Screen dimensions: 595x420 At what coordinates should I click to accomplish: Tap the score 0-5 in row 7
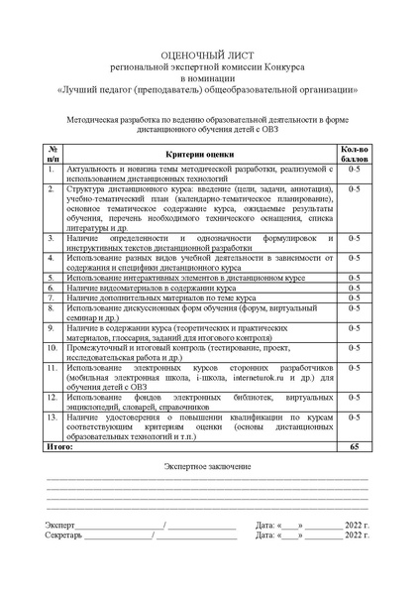[355, 297]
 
